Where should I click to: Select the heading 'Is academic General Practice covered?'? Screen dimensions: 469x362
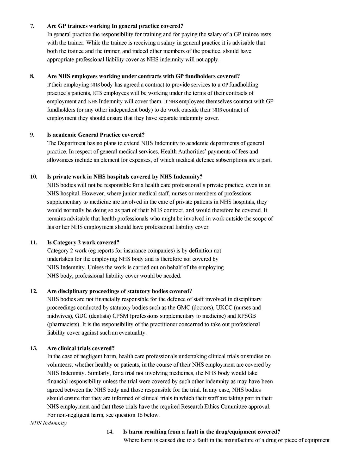96,135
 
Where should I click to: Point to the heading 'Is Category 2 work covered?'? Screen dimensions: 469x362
83,243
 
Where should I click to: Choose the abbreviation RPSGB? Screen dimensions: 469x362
246,316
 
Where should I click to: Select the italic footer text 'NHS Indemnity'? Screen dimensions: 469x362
48,423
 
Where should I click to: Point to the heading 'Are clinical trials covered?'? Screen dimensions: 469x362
81,348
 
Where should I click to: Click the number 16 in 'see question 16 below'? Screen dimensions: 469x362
139,415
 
